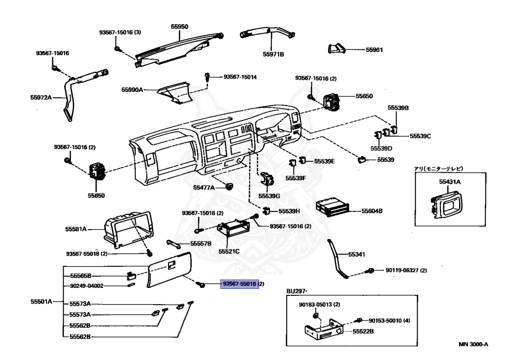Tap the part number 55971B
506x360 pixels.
273,54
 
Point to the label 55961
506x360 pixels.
375,50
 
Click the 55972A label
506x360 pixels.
41,97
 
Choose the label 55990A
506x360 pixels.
132,90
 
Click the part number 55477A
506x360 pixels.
204,188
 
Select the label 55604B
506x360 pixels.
372,211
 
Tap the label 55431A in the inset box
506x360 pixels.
450,182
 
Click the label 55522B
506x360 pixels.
363,332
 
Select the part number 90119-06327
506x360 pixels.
401,270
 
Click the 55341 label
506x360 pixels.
356,255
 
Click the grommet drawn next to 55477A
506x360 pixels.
229,187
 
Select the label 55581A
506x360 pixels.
76,229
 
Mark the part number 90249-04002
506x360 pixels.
86,285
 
